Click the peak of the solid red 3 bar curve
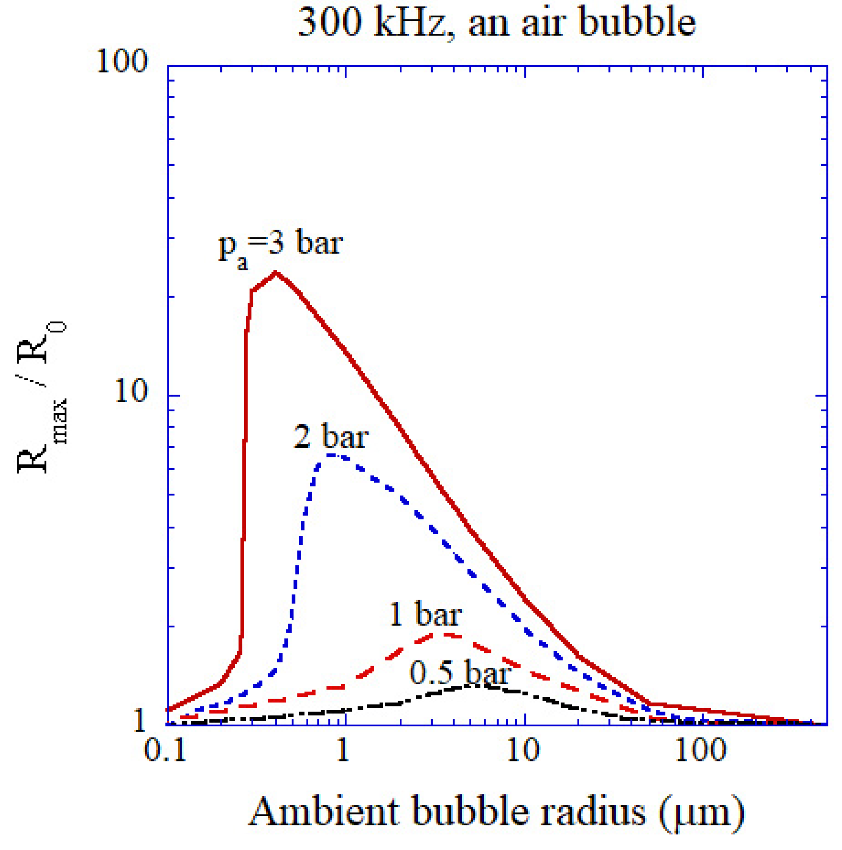(276, 272)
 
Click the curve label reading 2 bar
(331, 437)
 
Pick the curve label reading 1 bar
(425, 615)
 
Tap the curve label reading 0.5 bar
(460, 673)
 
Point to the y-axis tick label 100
(122, 61)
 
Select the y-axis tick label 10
(131, 391)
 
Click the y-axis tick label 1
(139, 722)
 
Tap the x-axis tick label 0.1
(165, 750)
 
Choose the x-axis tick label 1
(343, 750)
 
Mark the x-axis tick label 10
(522, 750)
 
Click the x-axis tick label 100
(700, 750)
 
